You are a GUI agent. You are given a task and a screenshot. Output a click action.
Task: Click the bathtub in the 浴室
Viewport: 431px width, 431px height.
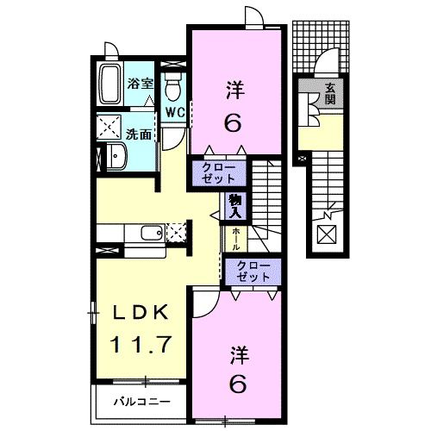(x=109, y=84)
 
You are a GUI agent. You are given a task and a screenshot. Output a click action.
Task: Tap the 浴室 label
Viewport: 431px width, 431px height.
(x=141, y=84)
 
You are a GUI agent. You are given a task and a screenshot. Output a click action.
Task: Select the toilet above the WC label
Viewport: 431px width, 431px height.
(x=173, y=86)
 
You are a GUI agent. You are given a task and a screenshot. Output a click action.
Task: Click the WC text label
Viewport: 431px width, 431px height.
(x=175, y=113)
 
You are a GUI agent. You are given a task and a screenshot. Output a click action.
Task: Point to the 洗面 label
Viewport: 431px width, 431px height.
(x=139, y=134)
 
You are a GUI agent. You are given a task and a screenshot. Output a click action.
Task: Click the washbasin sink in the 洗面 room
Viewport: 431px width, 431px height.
(x=116, y=156)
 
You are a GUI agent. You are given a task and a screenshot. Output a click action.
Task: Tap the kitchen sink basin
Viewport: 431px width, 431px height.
(x=153, y=233)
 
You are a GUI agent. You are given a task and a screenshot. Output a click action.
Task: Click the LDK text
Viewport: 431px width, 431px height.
(x=141, y=313)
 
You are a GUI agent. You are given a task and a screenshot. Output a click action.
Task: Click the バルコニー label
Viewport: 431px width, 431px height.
(x=142, y=402)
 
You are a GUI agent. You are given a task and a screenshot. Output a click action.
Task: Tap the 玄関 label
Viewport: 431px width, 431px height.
(x=330, y=94)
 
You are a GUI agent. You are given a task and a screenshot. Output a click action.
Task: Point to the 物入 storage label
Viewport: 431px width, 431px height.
(x=235, y=206)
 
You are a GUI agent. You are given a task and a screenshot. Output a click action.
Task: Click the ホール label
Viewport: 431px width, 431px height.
(x=235, y=239)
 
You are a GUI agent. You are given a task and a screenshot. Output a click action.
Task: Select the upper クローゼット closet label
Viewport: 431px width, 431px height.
(x=218, y=173)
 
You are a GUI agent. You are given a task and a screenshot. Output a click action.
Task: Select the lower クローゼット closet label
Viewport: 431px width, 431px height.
(x=253, y=272)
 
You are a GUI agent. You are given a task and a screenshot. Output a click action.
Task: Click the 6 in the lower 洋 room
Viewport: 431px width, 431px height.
(x=237, y=384)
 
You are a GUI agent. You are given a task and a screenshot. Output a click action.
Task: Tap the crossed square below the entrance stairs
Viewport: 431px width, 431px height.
(x=327, y=234)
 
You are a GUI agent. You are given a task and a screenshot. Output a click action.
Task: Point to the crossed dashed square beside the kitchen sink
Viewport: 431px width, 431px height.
(x=176, y=232)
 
